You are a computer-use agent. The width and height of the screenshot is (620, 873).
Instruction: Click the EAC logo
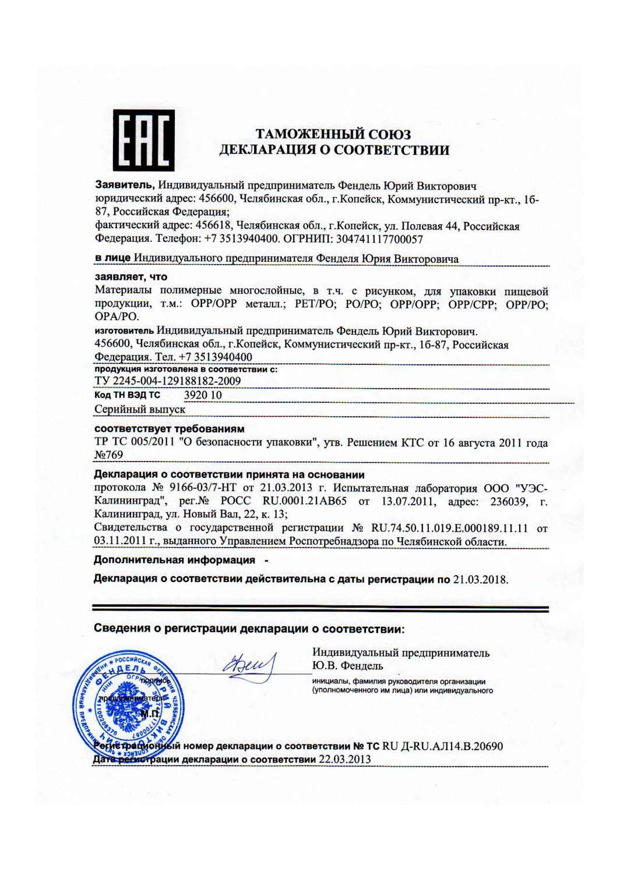pos(143,140)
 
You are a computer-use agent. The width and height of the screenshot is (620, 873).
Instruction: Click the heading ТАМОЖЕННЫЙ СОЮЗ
pos(334,134)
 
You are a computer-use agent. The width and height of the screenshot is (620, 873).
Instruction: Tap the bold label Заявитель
pos(125,186)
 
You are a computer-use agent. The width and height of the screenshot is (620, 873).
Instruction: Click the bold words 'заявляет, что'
pos(131,277)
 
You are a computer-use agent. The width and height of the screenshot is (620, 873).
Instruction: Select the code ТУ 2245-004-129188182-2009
pos(168,381)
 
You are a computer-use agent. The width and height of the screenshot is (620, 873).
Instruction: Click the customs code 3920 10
pos(203,395)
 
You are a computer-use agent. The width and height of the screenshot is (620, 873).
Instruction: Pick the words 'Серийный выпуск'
pos(140,409)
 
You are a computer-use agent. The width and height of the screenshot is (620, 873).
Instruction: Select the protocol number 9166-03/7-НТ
pos(199,487)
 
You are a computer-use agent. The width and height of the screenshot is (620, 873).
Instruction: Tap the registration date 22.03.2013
pos(344,760)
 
